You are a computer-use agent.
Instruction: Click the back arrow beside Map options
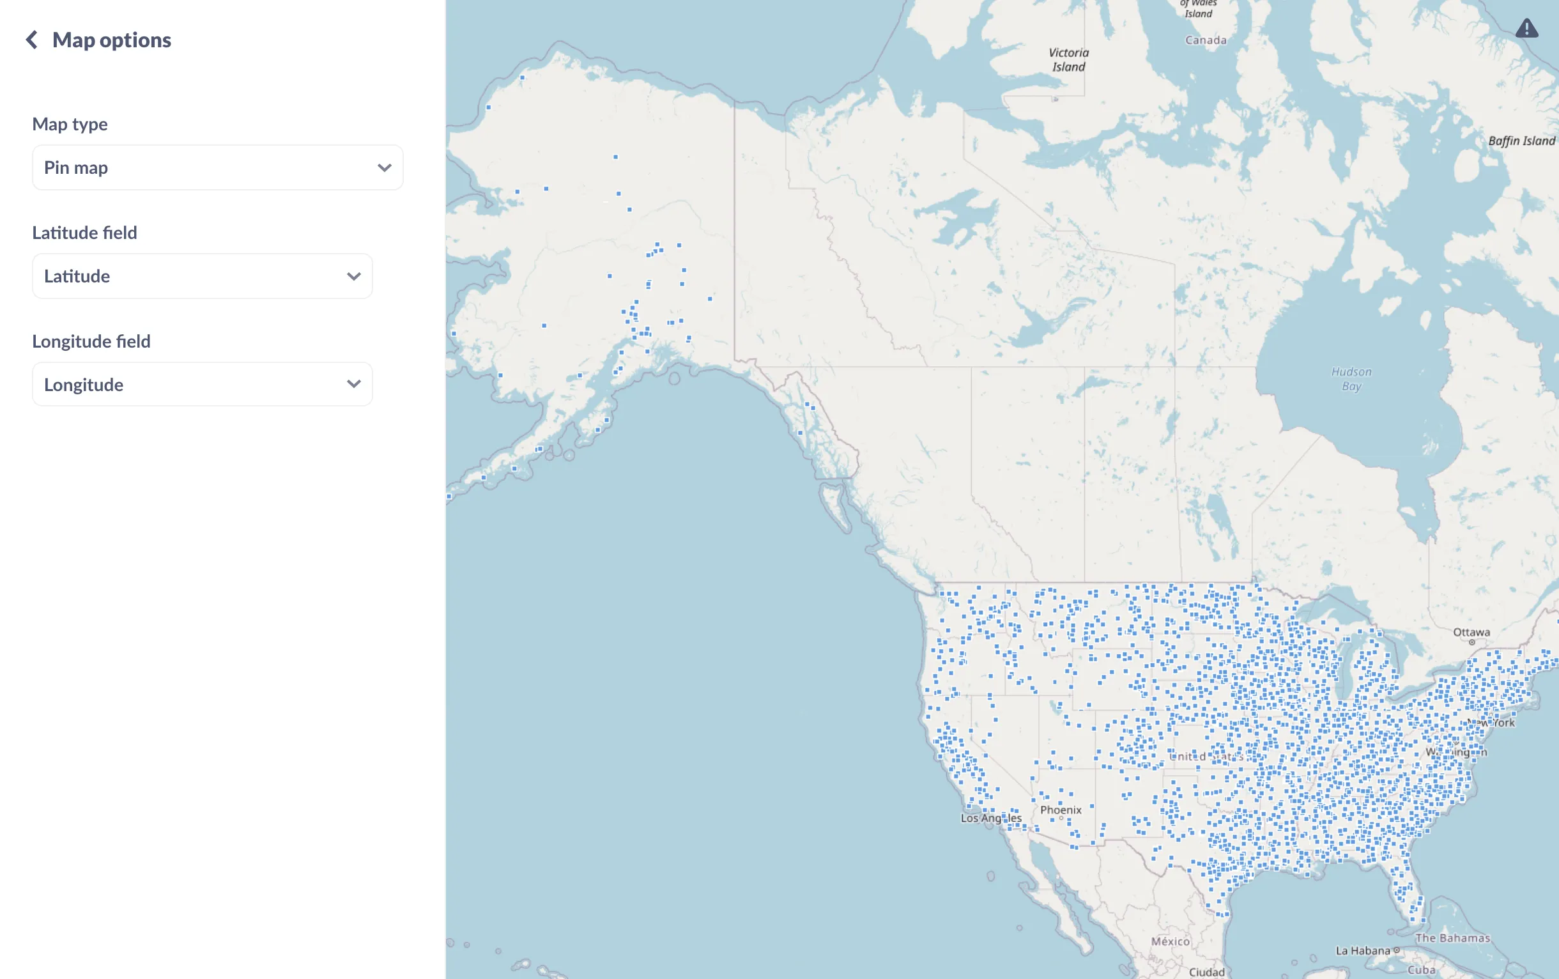(31, 40)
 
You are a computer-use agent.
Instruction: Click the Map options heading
(111, 40)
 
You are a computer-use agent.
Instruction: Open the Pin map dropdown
(217, 167)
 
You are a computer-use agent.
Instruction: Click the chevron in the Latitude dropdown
(353, 277)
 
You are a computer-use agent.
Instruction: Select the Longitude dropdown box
(202, 385)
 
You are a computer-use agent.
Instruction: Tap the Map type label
(70, 124)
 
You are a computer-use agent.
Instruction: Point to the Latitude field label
(85, 233)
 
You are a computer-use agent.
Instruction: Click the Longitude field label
(91, 341)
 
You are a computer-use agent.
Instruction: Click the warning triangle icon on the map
(1526, 29)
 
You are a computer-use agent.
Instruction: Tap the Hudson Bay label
(1351, 379)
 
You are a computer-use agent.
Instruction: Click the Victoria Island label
(1068, 59)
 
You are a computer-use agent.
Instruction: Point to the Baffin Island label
(1521, 141)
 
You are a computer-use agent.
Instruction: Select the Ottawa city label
(1471, 633)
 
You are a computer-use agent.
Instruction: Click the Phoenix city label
(1061, 810)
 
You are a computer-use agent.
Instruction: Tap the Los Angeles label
(990, 818)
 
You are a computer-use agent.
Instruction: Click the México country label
(1170, 941)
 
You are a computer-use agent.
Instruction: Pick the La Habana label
(1362, 950)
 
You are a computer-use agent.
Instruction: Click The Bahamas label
(1452, 937)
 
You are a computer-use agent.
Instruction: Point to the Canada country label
(1206, 40)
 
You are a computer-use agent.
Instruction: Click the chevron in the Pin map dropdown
(385, 167)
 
